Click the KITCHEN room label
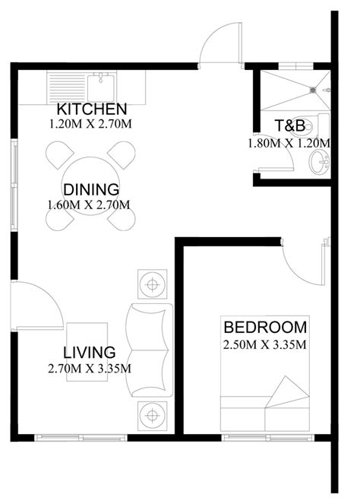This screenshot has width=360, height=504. [x=92, y=109]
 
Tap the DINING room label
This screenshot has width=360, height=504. [x=91, y=189]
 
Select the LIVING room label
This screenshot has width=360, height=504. [x=90, y=352]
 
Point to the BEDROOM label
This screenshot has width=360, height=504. [x=265, y=327]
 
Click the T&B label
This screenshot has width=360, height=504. [x=289, y=125]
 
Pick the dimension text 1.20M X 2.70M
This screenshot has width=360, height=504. [x=90, y=124]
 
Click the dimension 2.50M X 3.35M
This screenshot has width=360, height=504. [x=264, y=345]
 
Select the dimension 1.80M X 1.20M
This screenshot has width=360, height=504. [x=289, y=143]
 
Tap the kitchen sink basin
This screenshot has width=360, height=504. [x=100, y=87]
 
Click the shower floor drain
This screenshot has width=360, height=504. [x=313, y=90]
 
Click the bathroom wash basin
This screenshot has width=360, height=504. [x=319, y=163]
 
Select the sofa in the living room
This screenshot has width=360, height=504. [x=150, y=350]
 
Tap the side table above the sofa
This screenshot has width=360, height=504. [x=152, y=284]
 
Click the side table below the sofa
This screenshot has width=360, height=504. [x=152, y=416]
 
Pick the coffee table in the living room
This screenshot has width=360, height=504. [x=87, y=352]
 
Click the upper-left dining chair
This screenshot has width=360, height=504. [x=60, y=155]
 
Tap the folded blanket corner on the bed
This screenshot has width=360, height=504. [x=287, y=392]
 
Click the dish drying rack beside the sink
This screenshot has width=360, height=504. [x=67, y=87]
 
